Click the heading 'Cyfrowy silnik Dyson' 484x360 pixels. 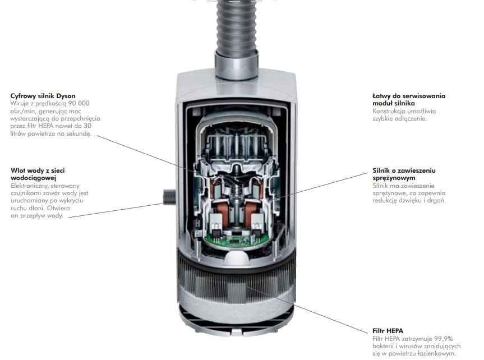pyautogui.click(x=43, y=96)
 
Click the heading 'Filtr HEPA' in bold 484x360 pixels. pyautogui.click(x=388, y=331)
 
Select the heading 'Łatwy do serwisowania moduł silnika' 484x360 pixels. pyautogui.click(x=408, y=100)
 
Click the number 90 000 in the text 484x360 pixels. pyautogui.click(x=79, y=103)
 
